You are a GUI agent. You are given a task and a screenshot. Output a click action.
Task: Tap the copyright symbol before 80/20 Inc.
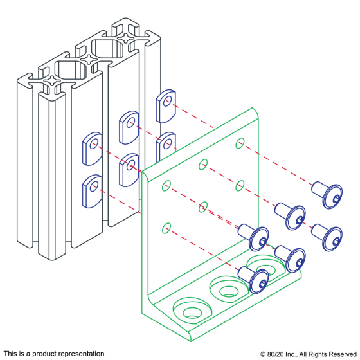tap(263, 354)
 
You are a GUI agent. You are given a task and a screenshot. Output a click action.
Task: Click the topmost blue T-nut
tap(166, 106)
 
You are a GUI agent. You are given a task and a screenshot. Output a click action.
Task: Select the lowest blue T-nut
tap(92, 192)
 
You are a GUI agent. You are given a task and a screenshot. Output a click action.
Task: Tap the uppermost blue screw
tap(327, 195)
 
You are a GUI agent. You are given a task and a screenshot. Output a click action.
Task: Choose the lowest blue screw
tap(253, 280)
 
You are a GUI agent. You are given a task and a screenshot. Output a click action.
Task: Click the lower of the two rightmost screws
tap(327, 237)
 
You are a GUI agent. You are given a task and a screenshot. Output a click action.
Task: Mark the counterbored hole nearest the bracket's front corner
tap(192, 310)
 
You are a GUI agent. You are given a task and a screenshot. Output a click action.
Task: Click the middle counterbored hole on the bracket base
tap(229, 289)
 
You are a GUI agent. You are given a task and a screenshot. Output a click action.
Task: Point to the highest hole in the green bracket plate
tap(240, 143)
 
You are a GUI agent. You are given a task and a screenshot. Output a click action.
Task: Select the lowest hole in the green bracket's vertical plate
tap(166, 228)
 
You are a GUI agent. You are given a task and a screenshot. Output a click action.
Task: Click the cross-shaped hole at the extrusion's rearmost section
tap(125, 38)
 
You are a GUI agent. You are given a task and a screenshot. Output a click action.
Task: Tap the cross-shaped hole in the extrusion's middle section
tap(89, 59)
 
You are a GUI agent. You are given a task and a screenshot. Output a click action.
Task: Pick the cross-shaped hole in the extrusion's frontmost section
tap(53, 80)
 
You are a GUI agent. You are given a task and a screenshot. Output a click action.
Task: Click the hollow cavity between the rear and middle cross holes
tap(107, 49)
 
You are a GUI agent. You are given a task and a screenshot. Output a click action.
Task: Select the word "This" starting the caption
tap(10, 354)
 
